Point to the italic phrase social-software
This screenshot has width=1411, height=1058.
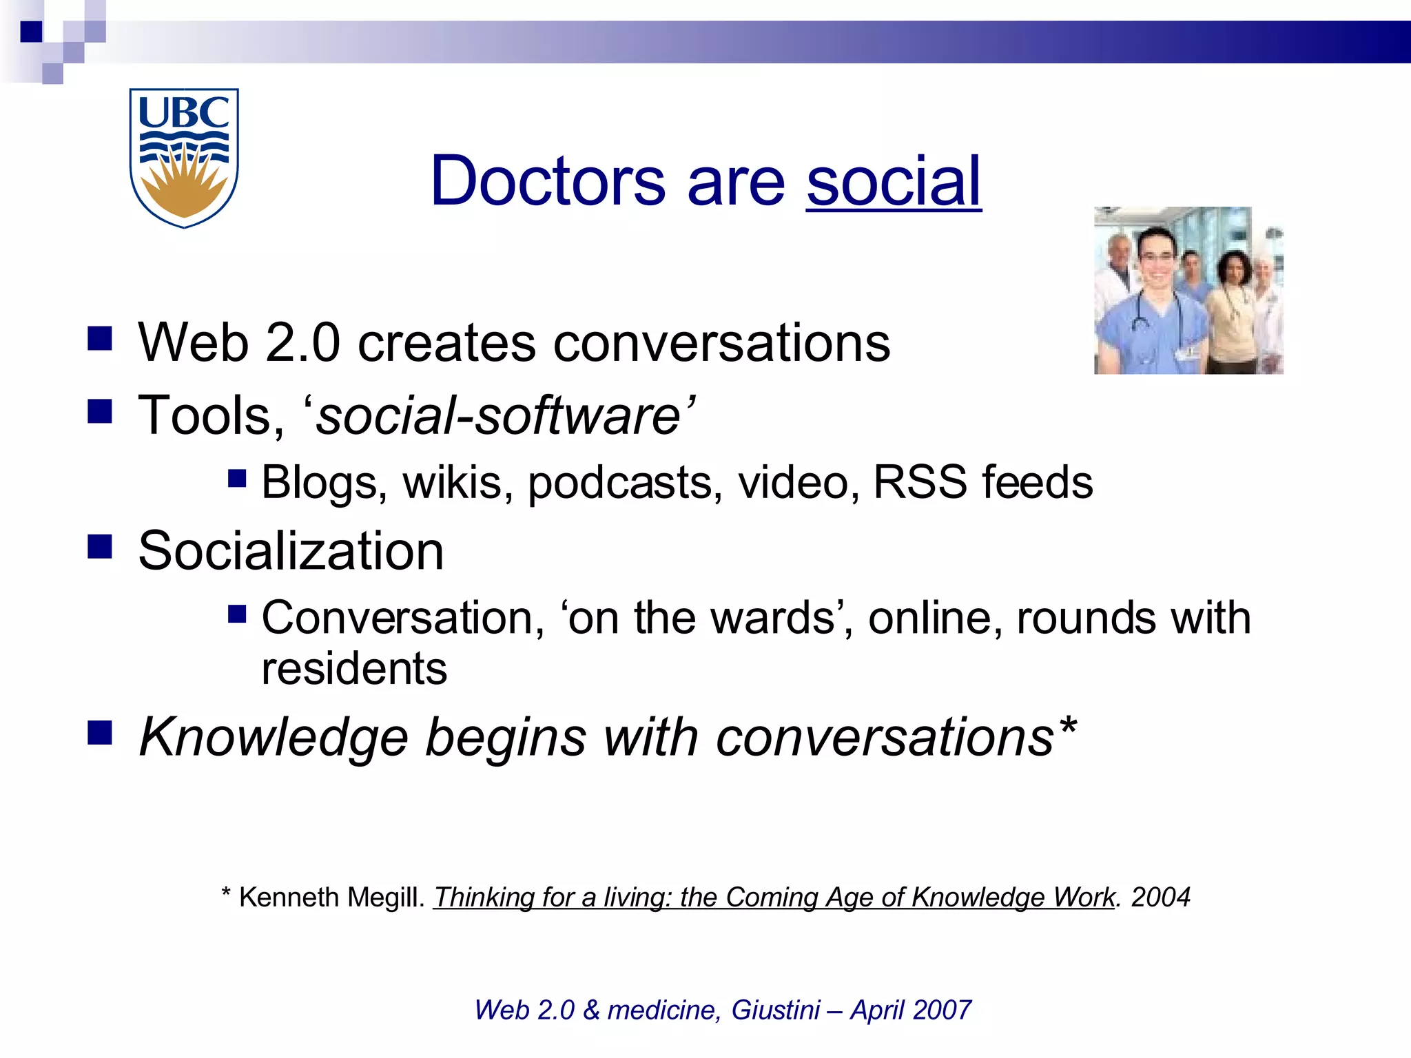coord(497,415)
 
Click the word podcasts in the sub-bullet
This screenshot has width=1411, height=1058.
coord(625,482)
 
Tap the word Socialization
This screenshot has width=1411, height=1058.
coord(291,551)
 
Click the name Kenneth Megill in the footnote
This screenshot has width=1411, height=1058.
coord(330,898)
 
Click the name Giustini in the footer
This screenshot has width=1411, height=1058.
coord(775,1010)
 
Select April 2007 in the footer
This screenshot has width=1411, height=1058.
coord(910,1010)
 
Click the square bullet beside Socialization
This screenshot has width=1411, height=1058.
coord(100,547)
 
